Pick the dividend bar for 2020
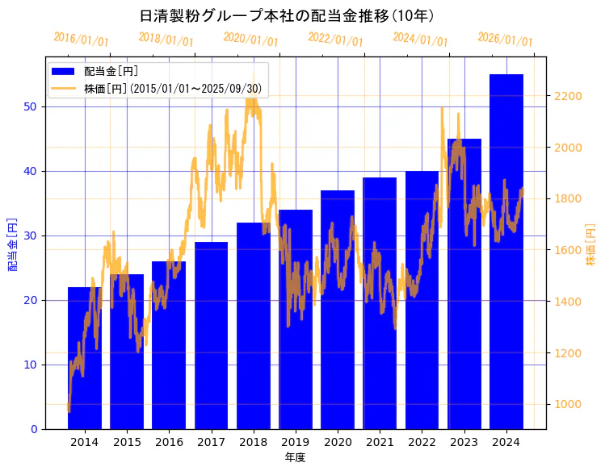click(338, 323)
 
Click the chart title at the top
click(287, 16)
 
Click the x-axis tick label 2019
click(296, 442)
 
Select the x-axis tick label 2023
click(464, 442)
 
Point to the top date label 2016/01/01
click(81, 40)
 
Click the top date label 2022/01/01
click(335, 40)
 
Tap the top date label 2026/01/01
click(505, 40)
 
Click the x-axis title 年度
click(296, 457)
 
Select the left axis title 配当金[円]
click(12, 244)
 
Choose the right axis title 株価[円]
click(590, 246)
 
